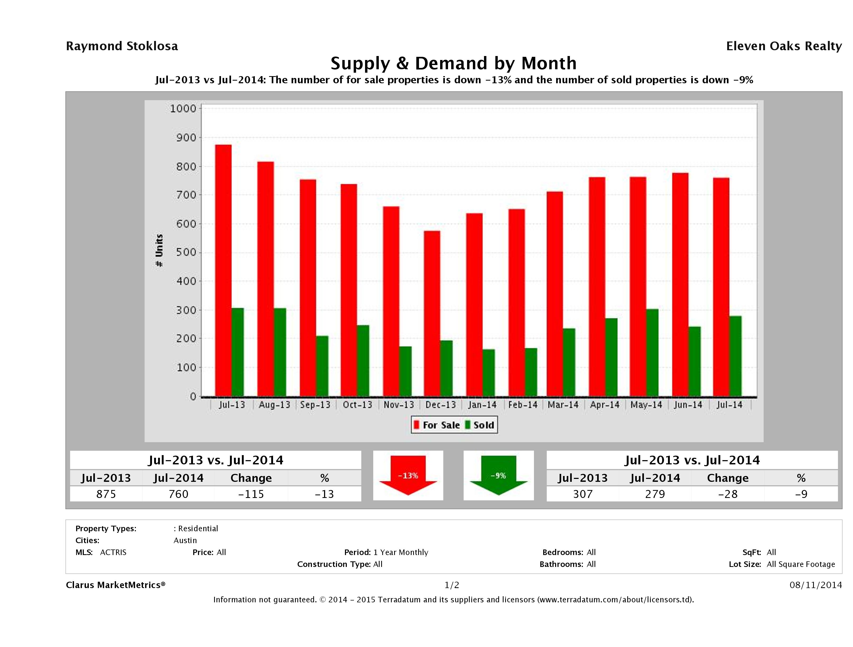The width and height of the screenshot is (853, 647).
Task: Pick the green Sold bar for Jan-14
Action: [488, 373]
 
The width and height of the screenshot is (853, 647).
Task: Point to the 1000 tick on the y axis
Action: [183, 109]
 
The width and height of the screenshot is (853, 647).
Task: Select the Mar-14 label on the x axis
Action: [563, 405]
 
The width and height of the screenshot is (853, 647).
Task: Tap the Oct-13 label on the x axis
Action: [357, 405]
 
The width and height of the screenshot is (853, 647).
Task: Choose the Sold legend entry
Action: [480, 425]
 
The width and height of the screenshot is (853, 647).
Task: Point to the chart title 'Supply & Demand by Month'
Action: [454, 63]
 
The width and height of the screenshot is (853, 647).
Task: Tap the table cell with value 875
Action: [106, 494]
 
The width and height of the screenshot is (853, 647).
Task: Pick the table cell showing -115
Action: [251, 494]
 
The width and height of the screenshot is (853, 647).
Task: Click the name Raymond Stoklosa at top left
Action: [122, 46]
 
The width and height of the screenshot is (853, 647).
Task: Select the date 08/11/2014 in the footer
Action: [815, 585]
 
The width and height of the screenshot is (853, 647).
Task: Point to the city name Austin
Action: [185, 540]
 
